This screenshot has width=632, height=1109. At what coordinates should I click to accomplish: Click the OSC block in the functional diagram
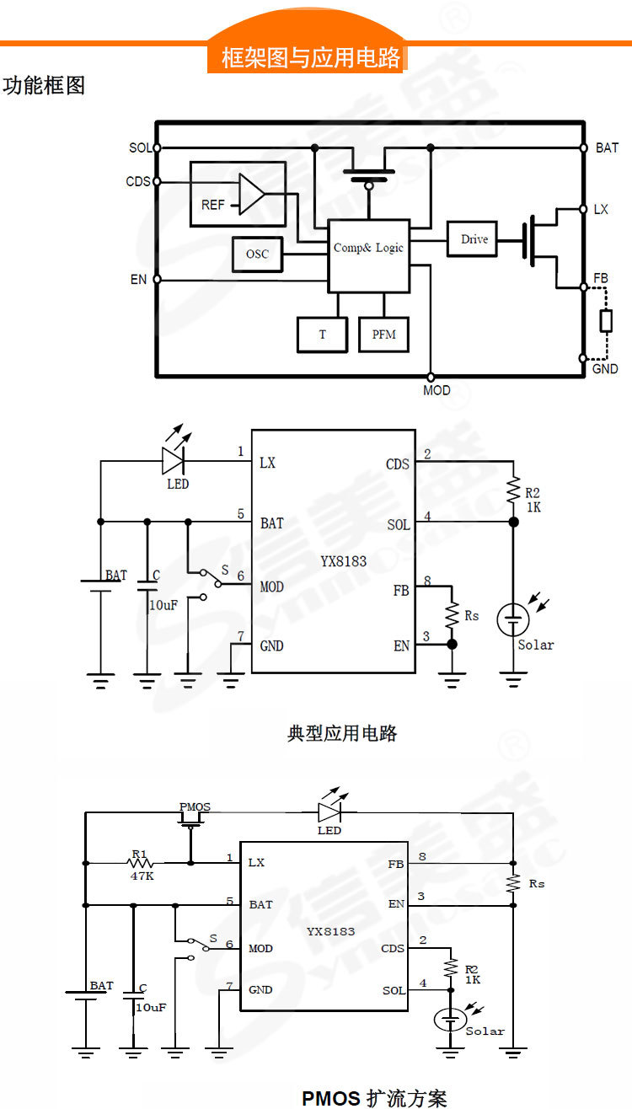click(257, 254)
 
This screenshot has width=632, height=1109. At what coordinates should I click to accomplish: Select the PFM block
click(384, 335)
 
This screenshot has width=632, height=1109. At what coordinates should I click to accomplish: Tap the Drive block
click(474, 239)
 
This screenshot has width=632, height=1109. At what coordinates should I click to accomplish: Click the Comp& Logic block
click(368, 248)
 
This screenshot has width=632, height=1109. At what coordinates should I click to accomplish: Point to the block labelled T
click(322, 335)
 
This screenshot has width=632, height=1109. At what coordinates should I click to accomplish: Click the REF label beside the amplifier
click(213, 205)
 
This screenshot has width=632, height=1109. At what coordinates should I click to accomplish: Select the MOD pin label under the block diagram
click(437, 390)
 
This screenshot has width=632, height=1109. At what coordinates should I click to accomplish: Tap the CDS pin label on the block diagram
click(138, 182)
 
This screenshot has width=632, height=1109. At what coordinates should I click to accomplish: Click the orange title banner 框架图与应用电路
click(310, 57)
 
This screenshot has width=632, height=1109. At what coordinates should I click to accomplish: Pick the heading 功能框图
click(44, 86)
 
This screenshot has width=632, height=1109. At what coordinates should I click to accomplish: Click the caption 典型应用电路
click(342, 732)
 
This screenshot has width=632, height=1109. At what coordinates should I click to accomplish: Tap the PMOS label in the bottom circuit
click(195, 807)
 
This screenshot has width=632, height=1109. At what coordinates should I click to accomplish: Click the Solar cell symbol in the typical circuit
click(512, 619)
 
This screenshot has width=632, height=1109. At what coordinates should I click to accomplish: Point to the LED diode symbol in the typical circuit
click(174, 460)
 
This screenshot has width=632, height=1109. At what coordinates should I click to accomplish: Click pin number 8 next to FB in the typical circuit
click(427, 581)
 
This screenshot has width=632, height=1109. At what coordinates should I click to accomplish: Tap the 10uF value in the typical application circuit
click(163, 605)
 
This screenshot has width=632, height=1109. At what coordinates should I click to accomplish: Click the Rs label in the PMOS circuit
click(537, 883)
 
